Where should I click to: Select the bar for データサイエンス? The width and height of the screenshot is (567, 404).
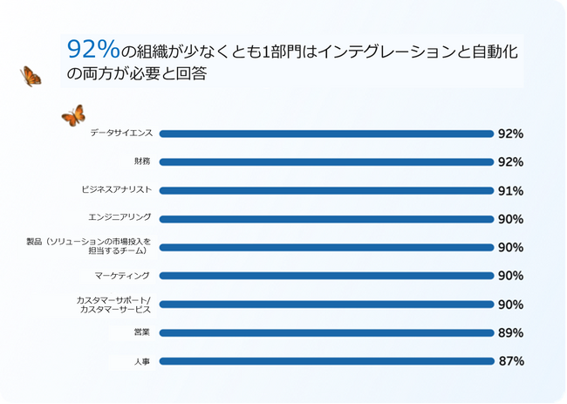click(x=326, y=134)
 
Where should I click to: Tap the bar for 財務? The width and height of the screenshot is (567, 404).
click(x=326, y=162)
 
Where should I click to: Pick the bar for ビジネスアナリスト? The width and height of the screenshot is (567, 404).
click(x=326, y=190)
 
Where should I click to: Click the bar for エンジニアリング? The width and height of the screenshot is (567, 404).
click(x=326, y=219)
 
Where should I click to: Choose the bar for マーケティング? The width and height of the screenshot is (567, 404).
click(x=326, y=276)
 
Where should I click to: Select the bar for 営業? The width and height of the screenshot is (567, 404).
click(x=326, y=332)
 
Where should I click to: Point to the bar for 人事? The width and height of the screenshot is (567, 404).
click(x=326, y=361)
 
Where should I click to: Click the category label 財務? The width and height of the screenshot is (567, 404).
click(x=143, y=161)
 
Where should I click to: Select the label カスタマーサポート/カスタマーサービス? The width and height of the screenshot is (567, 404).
click(x=113, y=305)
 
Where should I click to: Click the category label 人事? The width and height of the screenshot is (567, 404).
click(x=143, y=361)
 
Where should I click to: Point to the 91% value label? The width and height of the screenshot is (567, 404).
click(x=510, y=191)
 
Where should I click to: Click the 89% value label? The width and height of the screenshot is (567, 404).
click(x=510, y=332)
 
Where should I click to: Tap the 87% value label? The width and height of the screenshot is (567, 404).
click(x=510, y=361)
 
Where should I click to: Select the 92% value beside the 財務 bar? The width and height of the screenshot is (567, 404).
click(x=510, y=162)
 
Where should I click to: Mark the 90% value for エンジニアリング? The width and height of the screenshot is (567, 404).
click(x=510, y=219)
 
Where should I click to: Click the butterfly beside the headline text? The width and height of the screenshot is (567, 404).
click(x=31, y=77)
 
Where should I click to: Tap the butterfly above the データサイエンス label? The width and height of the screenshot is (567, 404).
click(x=73, y=115)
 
